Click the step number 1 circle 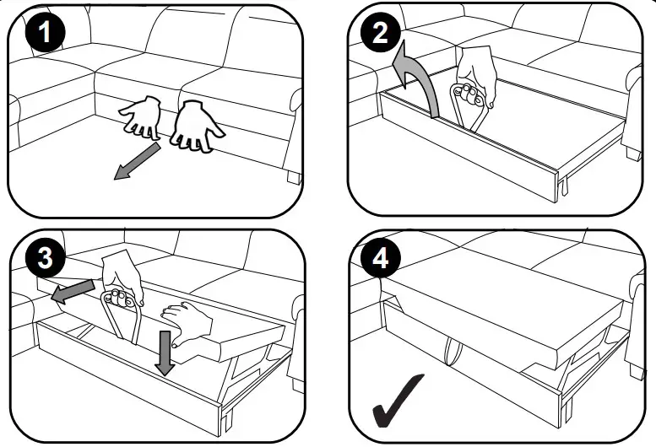(46, 36)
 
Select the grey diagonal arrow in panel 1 (138, 162)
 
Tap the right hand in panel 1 (196, 126)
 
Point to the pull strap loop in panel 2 (466, 114)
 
